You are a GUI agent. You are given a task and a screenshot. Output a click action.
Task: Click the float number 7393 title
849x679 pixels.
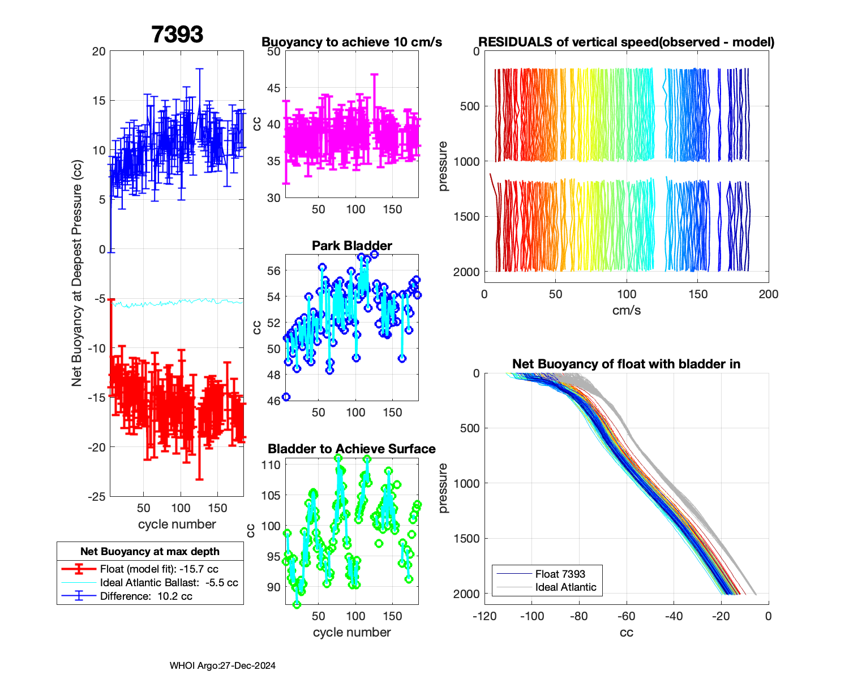pyautogui.click(x=177, y=35)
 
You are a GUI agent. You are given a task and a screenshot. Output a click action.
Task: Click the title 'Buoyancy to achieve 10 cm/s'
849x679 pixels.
pyautogui.click(x=351, y=42)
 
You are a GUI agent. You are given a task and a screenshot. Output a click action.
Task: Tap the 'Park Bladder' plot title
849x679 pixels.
pyautogui.click(x=351, y=246)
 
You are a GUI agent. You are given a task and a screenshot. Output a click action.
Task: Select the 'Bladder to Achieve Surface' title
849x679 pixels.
pyautogui.click(x=351, y=449)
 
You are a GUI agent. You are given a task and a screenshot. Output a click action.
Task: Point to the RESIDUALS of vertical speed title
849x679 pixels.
pyautogui.click(x=626, y=42)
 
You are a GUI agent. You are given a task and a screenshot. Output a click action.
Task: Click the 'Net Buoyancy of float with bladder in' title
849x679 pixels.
pyautogui.click(x=626, y=364)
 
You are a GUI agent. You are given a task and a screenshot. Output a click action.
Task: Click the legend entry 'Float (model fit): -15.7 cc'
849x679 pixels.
pyautogui.click(x=159, y=569)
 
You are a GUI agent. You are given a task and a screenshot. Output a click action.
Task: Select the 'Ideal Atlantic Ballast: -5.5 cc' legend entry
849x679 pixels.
pyautogui.click(x=169, y=583)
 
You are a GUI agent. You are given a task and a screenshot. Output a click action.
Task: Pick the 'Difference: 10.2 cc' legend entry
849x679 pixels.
pyautogui.click(x=146, y=596)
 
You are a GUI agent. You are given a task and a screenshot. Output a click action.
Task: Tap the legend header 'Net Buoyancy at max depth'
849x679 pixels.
pyautogui.click(x=150, y=552)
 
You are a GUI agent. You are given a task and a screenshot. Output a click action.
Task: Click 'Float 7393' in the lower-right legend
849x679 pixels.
pyautogui.click(x=560, y=574)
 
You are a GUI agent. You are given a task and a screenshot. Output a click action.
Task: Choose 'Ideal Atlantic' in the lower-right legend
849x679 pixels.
pyautogui.click(x=565, y=587)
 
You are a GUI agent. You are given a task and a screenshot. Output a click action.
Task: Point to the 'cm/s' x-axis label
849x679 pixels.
pyautogui.click(x=626, y=310)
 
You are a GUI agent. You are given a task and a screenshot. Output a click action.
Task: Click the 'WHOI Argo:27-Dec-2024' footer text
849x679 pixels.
pyautogui.click(x=222, y=665)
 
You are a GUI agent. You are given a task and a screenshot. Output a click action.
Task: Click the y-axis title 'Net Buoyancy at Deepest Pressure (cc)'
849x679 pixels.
pyautogui.click(x=77, y=273)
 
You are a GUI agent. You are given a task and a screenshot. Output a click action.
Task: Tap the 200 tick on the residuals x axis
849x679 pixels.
pyautogui.click(x=769, y=294)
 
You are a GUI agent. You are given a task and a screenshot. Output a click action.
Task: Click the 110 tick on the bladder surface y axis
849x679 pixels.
pyautogui.click(x=271, y=465)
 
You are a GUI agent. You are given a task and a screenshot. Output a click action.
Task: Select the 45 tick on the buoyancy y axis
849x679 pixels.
pyautogui.click(x=274, y=88)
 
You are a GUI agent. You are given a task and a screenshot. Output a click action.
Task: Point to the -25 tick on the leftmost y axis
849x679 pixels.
pyautogui.click(x=96, y=497)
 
